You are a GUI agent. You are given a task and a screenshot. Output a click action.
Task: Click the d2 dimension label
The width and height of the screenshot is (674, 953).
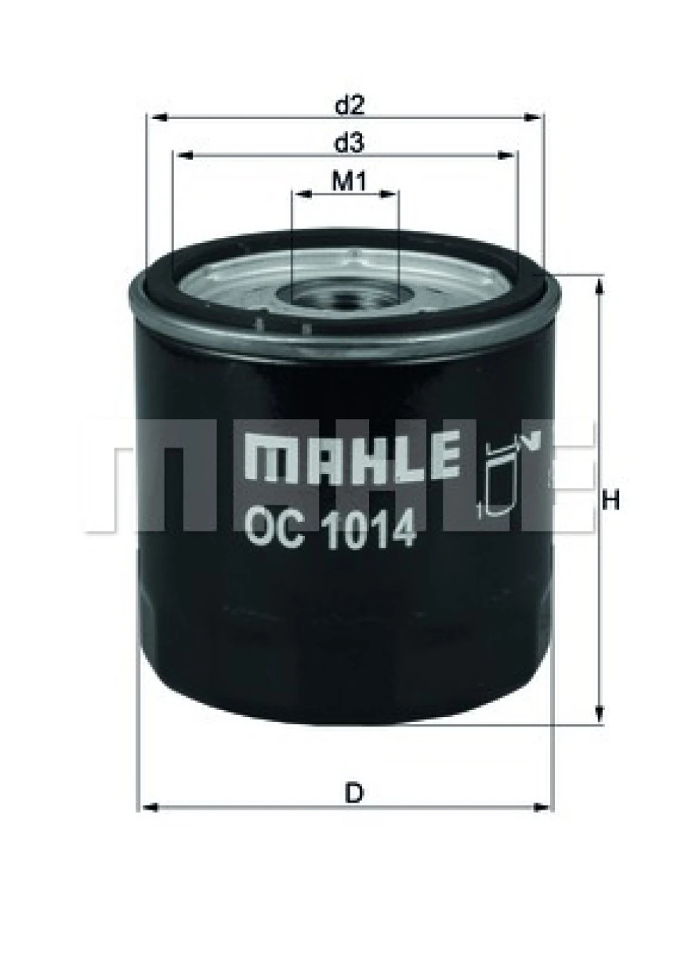click(x=350, y=104)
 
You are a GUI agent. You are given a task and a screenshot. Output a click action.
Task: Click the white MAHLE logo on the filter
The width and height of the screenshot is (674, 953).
click(x=352, y=457)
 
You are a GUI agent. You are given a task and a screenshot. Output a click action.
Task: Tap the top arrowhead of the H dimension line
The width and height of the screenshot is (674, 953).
click(x=600, y=285)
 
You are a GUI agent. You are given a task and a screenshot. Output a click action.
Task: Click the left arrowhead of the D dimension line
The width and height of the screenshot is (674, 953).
click(x=147, y=806)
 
